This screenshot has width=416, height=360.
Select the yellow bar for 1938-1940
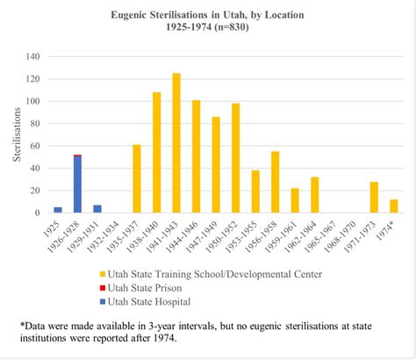[x=156, y=153]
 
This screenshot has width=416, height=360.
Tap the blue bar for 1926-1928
[x=77, y=184]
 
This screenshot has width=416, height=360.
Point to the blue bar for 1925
[x=58, y=210]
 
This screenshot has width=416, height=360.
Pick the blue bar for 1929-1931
[x=97, y=209]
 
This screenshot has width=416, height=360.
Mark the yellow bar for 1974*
[x=393, y=206]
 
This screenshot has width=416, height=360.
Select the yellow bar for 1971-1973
[x=373, y=198]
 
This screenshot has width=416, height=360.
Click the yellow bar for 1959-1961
[x=295, y=200]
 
